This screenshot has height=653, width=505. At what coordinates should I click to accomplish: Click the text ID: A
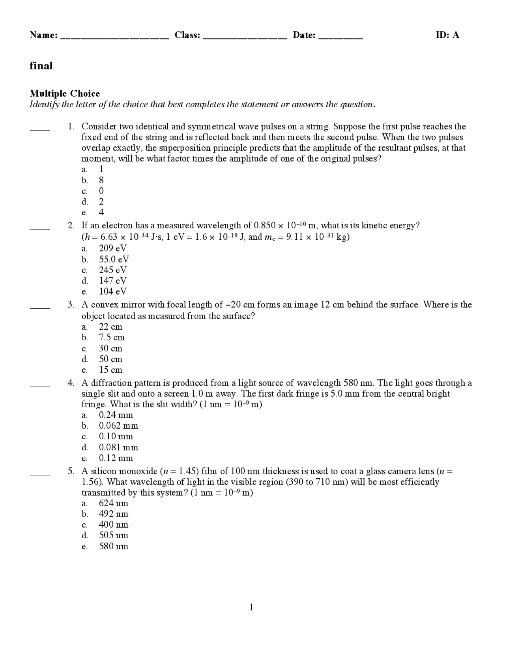pos(447,35)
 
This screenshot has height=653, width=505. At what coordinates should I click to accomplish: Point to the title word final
pos(41,65)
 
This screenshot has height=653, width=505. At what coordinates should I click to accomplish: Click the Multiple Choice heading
pos(65,93)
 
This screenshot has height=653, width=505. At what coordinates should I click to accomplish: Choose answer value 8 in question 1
pos(101,180)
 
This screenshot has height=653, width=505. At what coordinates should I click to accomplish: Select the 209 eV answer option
pos(112,248)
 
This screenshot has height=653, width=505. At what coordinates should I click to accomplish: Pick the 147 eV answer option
pos(112,281)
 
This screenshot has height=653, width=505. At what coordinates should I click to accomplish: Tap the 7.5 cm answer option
pos(111,338)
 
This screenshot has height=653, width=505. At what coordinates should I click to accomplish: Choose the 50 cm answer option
pos(110,359)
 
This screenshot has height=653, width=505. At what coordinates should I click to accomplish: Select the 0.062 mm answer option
pos(118,426)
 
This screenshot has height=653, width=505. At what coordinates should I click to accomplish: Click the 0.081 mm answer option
pos(118,448)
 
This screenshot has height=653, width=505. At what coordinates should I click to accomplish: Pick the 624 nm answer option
pos(113,504)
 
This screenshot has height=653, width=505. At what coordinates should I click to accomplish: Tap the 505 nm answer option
pos(113,535)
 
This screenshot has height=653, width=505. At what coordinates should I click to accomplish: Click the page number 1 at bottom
pos(251,607)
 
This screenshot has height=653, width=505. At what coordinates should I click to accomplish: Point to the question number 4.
pos(71,383)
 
